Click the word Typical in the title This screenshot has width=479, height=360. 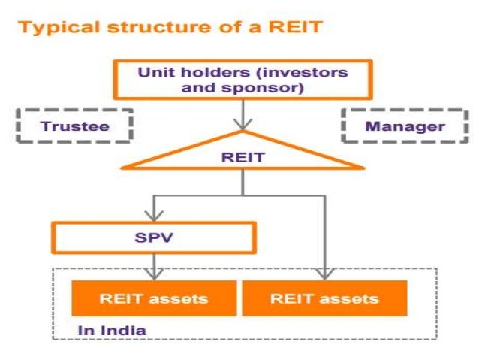pos(50,29)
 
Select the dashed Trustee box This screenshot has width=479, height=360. pos(74,126)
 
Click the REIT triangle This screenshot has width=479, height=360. pos(242,159)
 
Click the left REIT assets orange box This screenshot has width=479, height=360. pos(153,298)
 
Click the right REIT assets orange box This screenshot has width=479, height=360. pos(324,298)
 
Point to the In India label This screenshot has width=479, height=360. pos(112,330)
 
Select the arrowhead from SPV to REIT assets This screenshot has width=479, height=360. pos(153,274)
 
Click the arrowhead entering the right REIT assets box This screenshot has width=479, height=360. pos(324,274)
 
